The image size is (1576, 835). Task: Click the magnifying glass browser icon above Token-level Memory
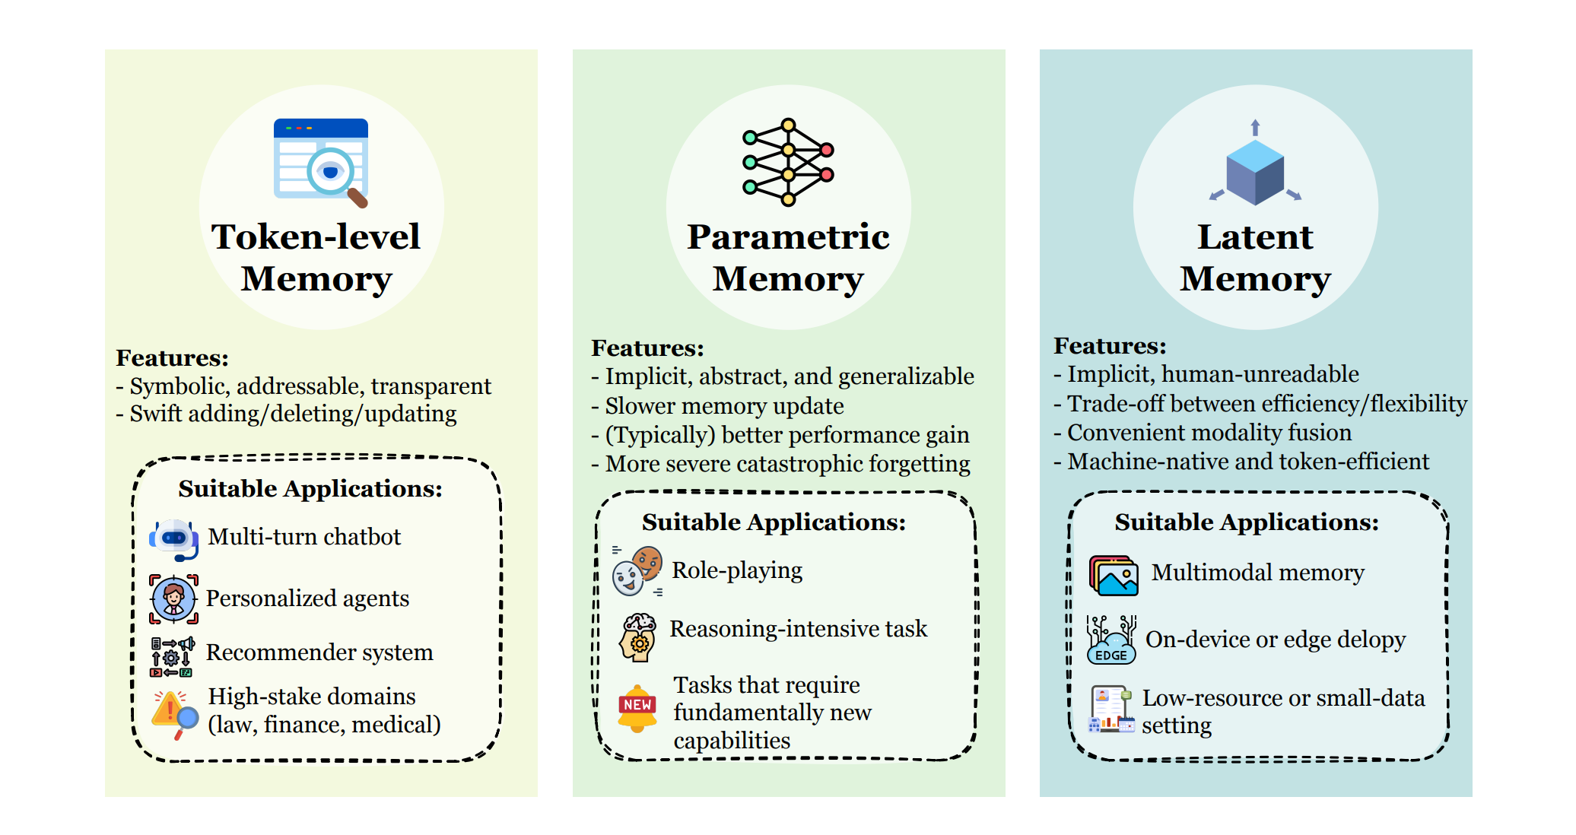pos(321,162)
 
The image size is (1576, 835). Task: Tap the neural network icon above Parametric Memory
pos(788,162)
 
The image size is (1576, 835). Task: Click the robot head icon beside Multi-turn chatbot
pos(174,538)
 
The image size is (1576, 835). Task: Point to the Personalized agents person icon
pos(173,599)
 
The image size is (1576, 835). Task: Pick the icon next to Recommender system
pos(172,656)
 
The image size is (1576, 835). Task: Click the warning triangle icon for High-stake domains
pos(174,713)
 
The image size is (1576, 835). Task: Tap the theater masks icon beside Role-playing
pos(637,571)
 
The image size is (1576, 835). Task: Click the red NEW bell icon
pos(637,707)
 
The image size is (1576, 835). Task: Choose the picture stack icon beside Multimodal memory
pos(1114,575)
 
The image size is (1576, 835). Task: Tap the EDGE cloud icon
pos(1111,640)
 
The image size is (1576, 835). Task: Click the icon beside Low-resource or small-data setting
pos(1111,710)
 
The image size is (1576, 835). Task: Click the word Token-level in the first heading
pos(316,237)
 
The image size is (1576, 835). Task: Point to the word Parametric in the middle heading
pos(788,237)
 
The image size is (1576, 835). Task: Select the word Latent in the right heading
pos(1255,237)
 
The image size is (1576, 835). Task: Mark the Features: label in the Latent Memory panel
pos(1110,346)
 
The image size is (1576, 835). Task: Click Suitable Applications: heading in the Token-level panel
pos(310,489)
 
